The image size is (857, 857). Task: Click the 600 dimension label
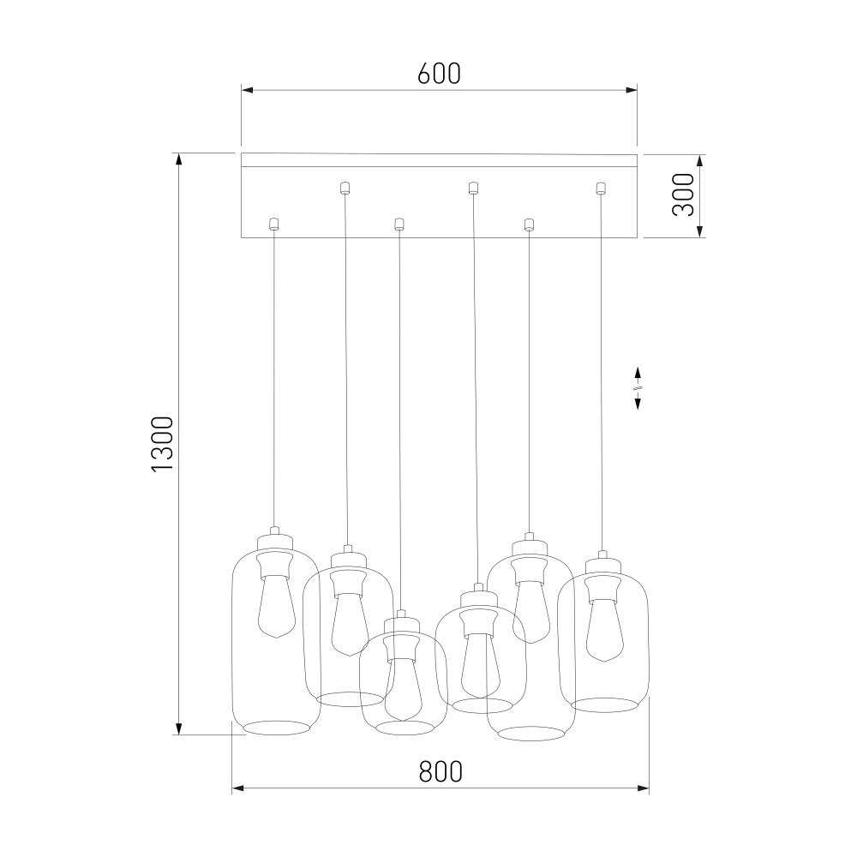click(439, 74)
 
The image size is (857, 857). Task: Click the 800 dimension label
click(440, 772)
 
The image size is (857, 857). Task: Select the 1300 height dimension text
click(162, 443)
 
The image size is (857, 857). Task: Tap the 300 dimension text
click(683, 195)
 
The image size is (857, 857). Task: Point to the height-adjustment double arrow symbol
click(638, 388)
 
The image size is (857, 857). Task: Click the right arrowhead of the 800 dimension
click(643, 788)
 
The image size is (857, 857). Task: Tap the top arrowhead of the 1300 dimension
click(178, 159)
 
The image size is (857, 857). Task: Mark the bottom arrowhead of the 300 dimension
click(699, 231)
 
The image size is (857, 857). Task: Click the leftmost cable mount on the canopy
click(274, 223)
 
